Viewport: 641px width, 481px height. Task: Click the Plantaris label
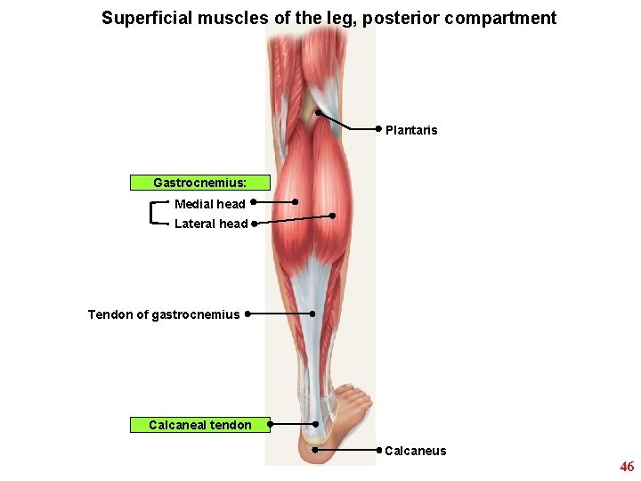[x=411, y=130]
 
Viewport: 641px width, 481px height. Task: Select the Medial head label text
[x=209, y=204]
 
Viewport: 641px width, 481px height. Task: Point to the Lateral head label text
[x=211, y=224]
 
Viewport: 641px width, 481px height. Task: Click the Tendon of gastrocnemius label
[x=164, y=314]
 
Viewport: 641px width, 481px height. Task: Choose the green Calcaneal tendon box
[x=199, y=425]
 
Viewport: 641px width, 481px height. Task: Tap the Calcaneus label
[x=415, y=451]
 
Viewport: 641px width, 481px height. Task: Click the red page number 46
[x=627, y=467]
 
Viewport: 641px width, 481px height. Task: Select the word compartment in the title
[x=507, y=18]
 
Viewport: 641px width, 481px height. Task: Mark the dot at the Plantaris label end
[x=379, y=128]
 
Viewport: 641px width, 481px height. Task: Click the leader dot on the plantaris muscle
[x=318, y=112]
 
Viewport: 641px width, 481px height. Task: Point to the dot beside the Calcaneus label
[x=379, y=450]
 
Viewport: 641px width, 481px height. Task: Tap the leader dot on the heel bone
[x=314, y=450]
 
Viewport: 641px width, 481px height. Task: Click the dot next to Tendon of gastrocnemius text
[x=247, y=314]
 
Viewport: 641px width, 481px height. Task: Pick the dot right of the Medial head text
[x=254, y=202]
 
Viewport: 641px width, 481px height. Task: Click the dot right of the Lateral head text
[x=254, y=224]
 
